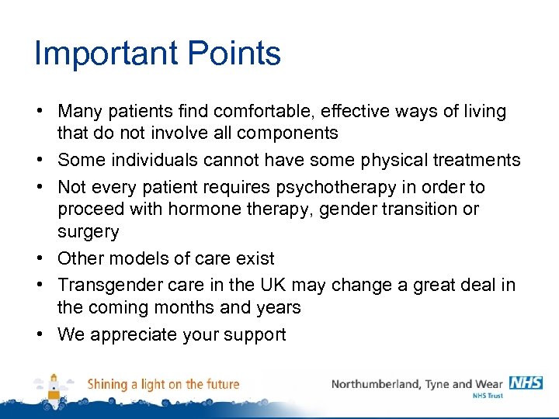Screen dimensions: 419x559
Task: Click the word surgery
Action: [x=88, y=231]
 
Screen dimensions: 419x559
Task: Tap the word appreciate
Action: [x=133, y=334]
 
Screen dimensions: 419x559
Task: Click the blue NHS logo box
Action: [x=526, y=383]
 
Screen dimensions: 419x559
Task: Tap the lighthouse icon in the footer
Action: [x=54, y=386]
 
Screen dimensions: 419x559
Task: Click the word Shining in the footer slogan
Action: [x=107, y=384]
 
